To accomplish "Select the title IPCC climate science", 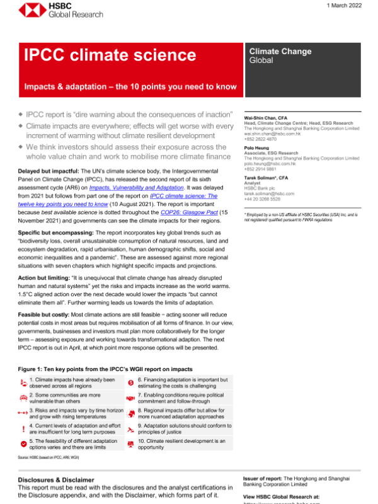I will click(110, 55).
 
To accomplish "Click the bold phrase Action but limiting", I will click(41, 278).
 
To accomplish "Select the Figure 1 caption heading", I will click(105, 369).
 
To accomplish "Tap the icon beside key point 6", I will click(130, 382).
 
